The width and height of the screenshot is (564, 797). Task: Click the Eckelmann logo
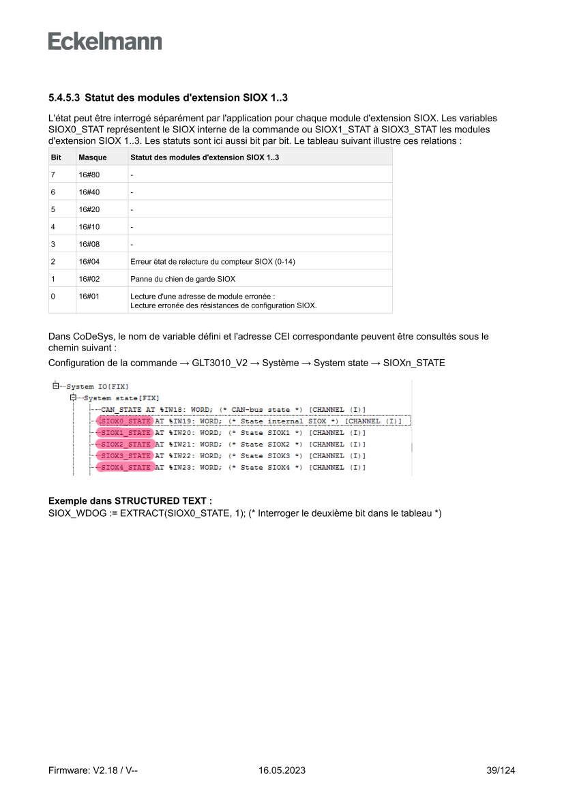coord(105,41)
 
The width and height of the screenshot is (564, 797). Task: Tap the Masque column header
coord(93,157)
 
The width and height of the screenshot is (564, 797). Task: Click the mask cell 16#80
coord(89,175)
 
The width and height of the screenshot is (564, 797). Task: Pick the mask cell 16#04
coord(89,261)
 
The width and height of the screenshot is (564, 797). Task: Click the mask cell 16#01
coord(89,297)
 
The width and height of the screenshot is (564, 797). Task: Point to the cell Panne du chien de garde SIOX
coord(183,279)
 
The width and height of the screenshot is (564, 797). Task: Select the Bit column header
coord(57,157)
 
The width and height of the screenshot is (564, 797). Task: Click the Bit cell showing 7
coord(53,175)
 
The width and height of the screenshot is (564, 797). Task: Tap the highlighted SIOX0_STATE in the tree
coord(125,421)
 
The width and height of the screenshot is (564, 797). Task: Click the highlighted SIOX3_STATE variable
coord(125,455)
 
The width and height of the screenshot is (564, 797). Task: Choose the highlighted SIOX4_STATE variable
coord(125,467)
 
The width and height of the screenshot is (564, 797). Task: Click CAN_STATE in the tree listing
coord(121,410)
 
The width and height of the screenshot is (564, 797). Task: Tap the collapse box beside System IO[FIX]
coord(55,387)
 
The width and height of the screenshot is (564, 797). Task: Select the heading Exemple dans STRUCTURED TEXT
coord(130,501)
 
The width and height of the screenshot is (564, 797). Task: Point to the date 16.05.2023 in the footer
coord(282,770)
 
